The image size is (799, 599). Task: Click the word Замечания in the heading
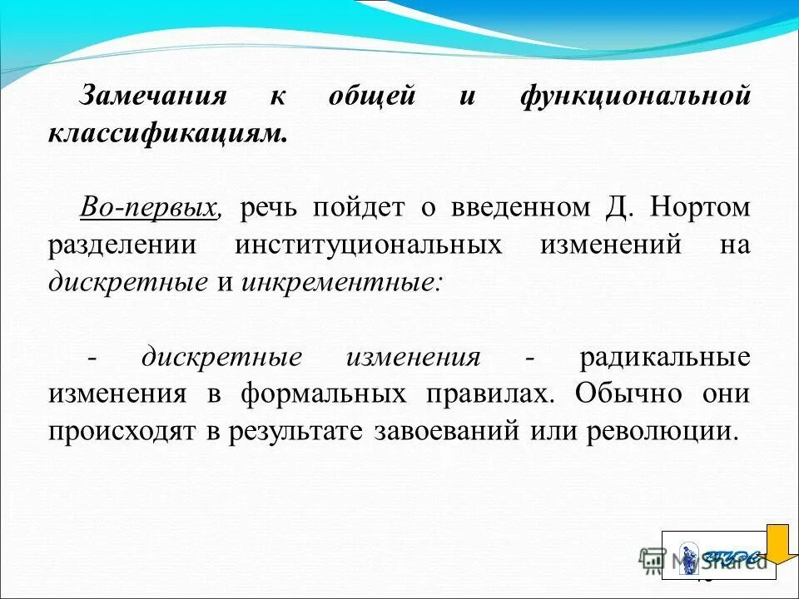[x=152, y=97]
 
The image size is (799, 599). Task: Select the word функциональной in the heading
[x=635, y=97]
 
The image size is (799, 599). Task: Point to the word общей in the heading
[x=370, y=97]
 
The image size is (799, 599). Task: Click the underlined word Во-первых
[x=150, y=207]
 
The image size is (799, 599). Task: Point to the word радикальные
[x=665, y=358]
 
